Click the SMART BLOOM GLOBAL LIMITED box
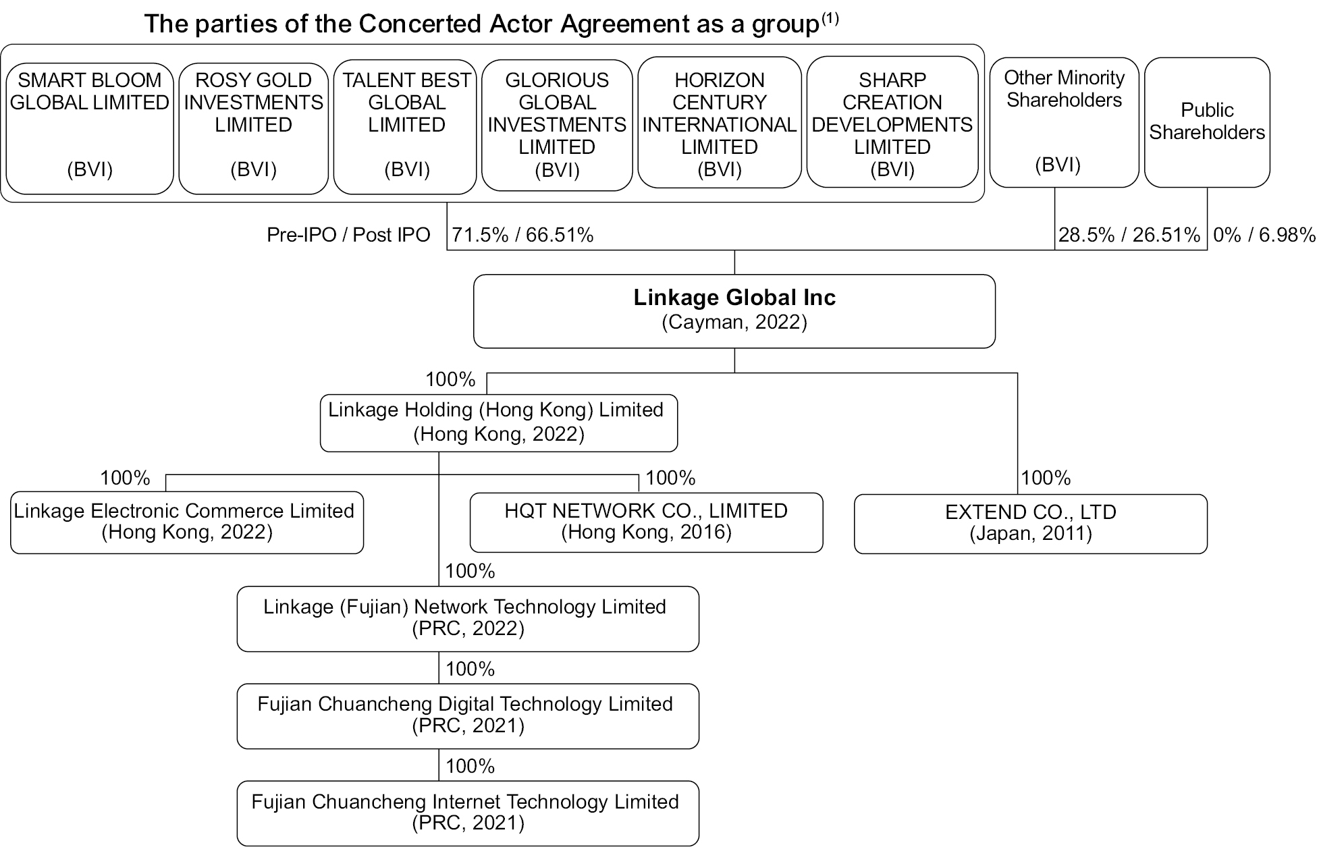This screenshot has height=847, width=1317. tap(89, 128)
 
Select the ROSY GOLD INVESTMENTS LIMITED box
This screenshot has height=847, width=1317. tap(253, 128)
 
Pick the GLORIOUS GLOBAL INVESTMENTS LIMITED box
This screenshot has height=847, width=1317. tap(557, 125)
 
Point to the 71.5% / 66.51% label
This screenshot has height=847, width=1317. tap(522, 235)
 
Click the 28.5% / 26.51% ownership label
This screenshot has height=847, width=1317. tap(1129, 235)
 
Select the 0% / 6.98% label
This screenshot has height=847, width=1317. tap(1264, 235)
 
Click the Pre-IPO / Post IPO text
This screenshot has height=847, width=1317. tap(348, 235)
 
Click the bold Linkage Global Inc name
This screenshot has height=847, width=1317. tap(734, 298)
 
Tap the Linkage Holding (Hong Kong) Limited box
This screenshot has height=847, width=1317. tap(498, 422)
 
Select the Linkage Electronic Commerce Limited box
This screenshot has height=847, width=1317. tap(186, 522)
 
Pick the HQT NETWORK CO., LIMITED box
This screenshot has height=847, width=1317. tap(646, 522)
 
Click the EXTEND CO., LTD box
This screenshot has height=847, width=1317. tap(1030, 523)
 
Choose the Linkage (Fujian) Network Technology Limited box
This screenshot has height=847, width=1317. tap(467, 618)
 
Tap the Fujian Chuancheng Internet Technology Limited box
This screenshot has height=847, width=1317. tap(467, 813)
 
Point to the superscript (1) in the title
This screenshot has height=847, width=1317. tap(830, 18)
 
